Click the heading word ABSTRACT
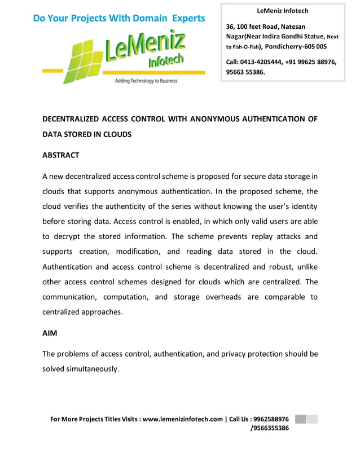tap(61, 155)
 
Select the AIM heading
tap(50, 333)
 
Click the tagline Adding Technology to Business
tap(146, 81)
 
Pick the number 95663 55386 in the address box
tap(245, 72)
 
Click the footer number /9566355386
tap(269, 428)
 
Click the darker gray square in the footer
tap(300, 419)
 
